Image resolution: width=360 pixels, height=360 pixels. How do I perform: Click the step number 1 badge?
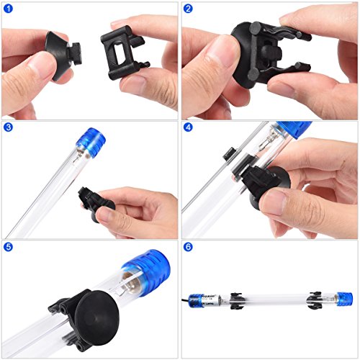[x=9, y=9]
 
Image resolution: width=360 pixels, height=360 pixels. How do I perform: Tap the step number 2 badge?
[x=189, y=9]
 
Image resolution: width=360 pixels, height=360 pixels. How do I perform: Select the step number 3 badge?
[x=9, y=128]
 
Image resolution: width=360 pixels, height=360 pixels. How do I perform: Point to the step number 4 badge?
[x=189, y=128]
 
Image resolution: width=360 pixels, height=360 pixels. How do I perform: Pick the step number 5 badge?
[x=9, y=247]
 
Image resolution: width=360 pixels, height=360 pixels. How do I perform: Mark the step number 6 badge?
[x=189, y=247]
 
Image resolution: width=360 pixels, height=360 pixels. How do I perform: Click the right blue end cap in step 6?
[x=344, y=297]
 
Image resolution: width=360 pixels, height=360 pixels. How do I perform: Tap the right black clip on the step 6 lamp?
[x=315, y=297]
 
